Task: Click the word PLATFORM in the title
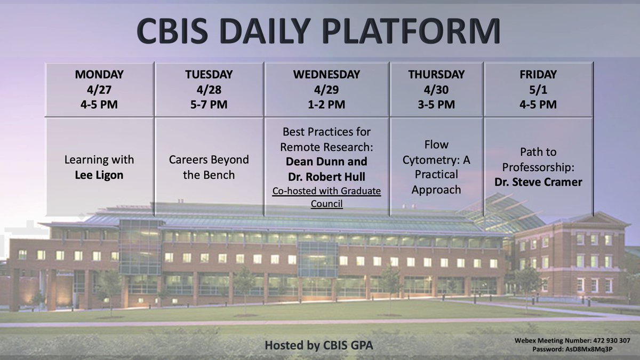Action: click(411, 31)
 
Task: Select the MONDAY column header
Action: click(99, 75)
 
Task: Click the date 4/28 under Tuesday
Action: click(209, 90)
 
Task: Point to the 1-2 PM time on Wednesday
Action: click(326, 105)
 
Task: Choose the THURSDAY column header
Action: click(436, 75)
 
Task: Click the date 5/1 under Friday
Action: click(538, 90)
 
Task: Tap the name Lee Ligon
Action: click(99, 175)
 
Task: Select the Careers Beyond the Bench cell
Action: click(209, 167)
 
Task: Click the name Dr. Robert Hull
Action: click(326, 177)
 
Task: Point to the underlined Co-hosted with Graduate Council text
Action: click(326, 197)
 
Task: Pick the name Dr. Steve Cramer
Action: click(538, 182)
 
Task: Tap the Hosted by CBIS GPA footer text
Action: click(319, 345)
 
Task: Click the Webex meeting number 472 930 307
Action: click(612, 340)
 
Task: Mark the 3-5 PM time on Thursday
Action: click(436, 105)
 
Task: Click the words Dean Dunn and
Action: click(326, 162)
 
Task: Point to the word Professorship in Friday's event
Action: click(538, 167)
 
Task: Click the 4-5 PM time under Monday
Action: click(99, 105)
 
